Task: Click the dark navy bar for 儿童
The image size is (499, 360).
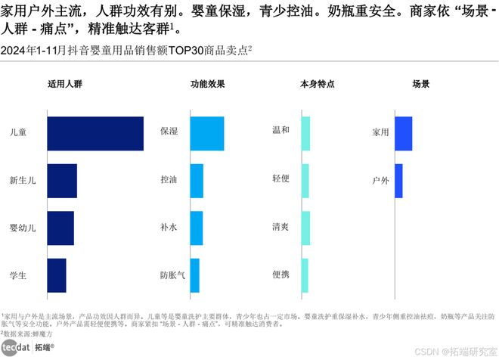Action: pos(95,134)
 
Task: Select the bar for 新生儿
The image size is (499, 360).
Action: pos(62,181)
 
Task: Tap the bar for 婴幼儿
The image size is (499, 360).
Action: pos(60,228)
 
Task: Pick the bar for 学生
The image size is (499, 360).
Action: pos(57,275)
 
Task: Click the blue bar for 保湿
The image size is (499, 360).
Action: pos(206,133)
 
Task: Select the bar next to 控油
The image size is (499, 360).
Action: pos(197,181)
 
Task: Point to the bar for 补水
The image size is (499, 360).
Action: pos(196,228)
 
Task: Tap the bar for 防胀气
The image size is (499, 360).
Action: pos(194,275)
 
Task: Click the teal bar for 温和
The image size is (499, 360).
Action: pos(305,133)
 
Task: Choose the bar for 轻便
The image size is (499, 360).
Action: pos(305,181)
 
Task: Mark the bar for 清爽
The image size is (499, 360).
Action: pos(305,228)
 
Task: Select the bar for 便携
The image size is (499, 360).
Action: pos(305,275)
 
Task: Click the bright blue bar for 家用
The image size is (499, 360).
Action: pos(403,133)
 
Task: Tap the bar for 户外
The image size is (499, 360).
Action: pos(398,181)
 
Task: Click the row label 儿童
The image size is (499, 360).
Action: pos(17,132)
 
